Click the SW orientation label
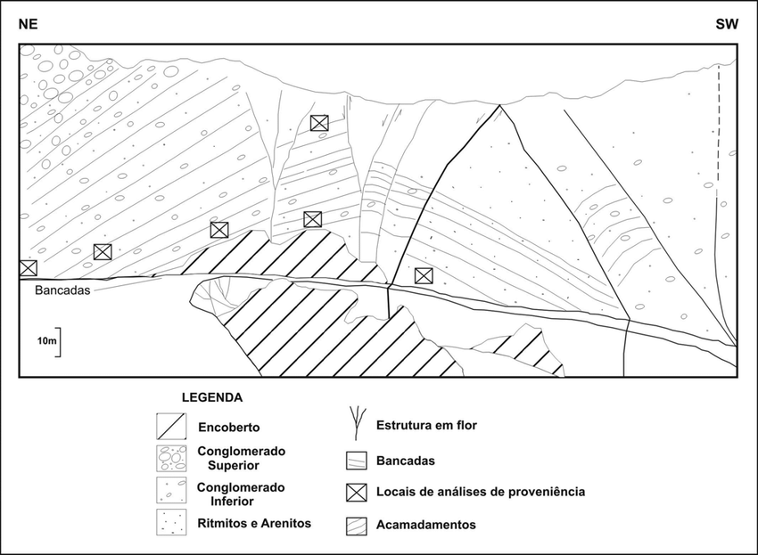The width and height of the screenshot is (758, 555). click(727, 25)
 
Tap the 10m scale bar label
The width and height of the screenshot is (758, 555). click(45, 341)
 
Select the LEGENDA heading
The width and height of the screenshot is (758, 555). click(211, 396)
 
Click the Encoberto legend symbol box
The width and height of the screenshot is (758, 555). click(169, 426)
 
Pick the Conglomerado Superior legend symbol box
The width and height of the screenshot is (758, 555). click(169, 458)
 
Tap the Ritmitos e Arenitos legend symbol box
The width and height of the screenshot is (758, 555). click(169, 523)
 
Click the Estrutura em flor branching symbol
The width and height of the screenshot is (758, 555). click(357, 424)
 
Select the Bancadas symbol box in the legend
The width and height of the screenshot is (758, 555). click(357, 461)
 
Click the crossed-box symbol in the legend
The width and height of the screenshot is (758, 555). click(357, 492)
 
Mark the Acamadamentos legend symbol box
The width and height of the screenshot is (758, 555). click(357, 525)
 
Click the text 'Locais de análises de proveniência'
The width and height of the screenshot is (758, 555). click(481, 492)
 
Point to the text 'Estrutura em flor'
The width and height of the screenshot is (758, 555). click(426, 425)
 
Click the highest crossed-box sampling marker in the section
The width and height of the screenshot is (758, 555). click(319, 123)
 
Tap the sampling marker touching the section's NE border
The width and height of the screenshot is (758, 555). click(29, 267)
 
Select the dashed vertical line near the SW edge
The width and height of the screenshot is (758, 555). click(718, 125)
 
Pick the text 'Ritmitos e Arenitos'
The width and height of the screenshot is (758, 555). click(254, 523)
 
